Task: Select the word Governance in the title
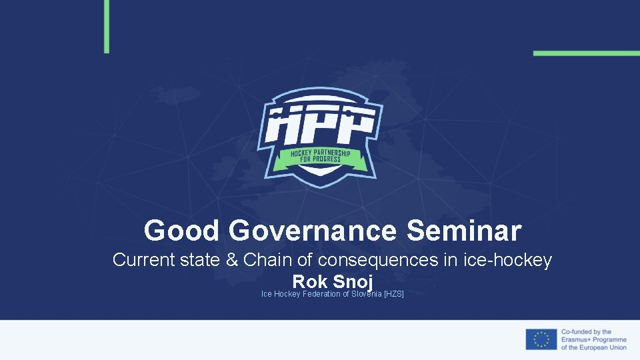point(312,231)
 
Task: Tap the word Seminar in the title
point(463,231)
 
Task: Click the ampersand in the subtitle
point(233,260)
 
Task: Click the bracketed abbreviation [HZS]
point(394,294)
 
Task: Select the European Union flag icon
point(541,339)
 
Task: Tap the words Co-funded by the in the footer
point(586,331)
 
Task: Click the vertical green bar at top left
point(107,26)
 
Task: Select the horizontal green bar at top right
point(586,53)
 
